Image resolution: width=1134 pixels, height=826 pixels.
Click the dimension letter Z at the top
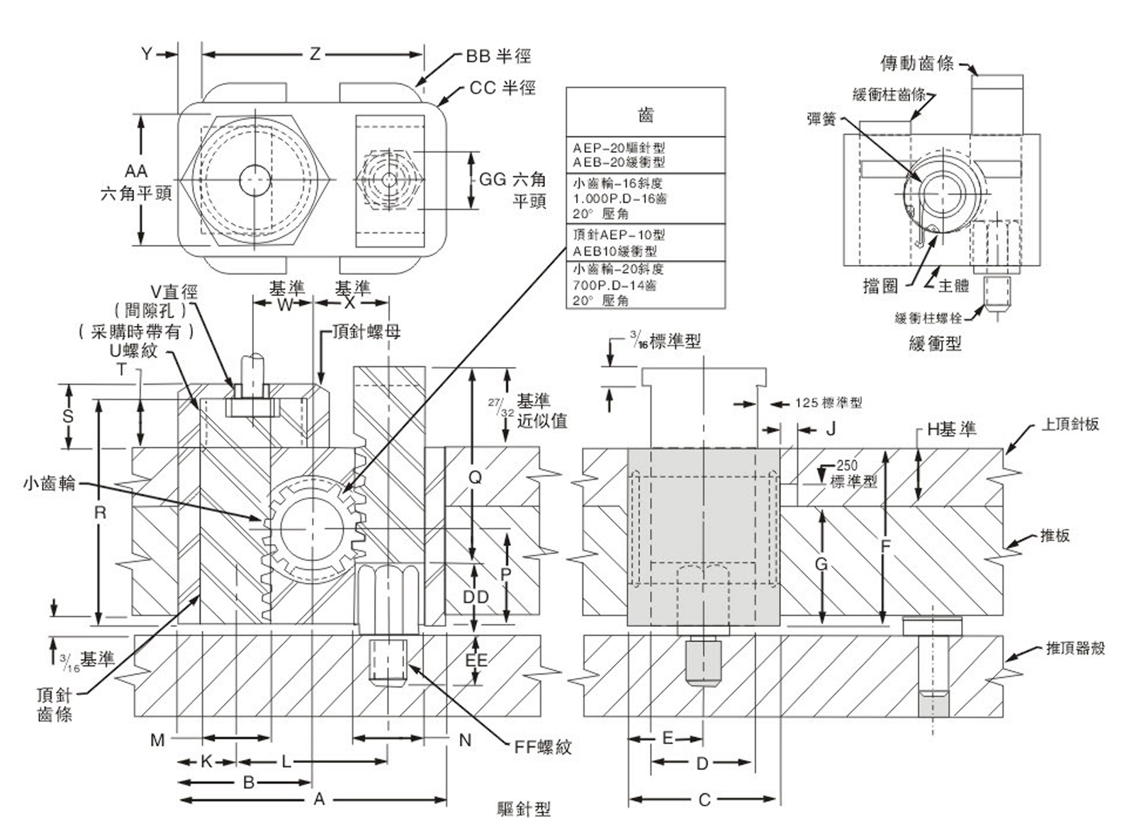[x=315, y=54]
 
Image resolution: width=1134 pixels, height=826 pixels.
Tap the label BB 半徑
[x=498, y=56]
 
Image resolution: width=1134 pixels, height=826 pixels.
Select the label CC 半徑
[x=503, y=88]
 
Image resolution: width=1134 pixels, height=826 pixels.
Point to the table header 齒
[x=646, y=114]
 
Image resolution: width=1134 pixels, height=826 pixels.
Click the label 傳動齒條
[x=916, y=64]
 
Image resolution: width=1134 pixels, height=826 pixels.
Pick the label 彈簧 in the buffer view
[x=822, y=119]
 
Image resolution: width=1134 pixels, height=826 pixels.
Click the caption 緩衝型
[x=935, y=344]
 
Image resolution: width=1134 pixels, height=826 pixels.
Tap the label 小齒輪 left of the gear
[x=49, y=484]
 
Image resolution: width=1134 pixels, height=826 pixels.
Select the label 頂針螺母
[x=366, y=332]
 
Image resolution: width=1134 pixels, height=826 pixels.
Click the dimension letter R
[x=100, y=512]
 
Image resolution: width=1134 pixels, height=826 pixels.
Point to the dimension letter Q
[x=475, y=477]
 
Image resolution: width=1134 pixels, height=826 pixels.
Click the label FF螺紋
[x=543, y=747]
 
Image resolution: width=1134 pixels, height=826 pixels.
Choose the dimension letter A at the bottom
[x=320, y=799]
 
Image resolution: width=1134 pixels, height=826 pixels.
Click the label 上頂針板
[x=1070, y=424]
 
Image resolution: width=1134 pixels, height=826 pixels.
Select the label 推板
[x=1055, y=536]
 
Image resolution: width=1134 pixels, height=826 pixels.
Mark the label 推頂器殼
[x=1075, y=648]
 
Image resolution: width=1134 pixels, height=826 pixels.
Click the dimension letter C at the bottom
[x=704, y=800]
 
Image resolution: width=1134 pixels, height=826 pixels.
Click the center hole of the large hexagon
[x=255, y=180]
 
